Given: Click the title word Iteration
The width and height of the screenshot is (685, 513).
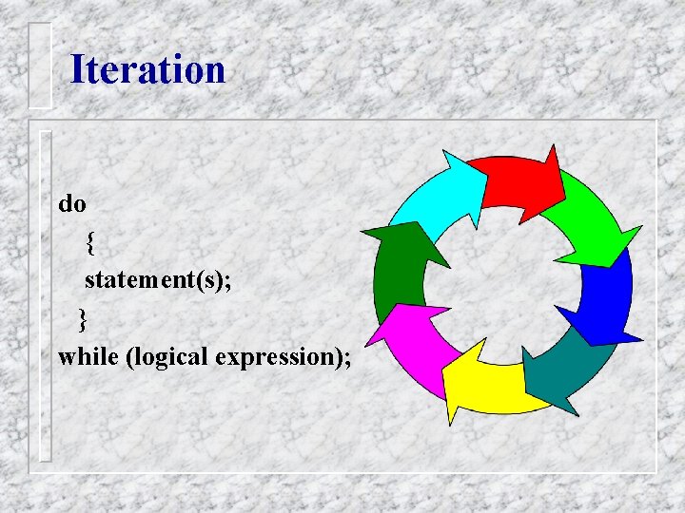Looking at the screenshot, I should [x=147, y=70].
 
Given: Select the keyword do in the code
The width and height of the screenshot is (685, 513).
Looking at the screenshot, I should [x=72, y=203].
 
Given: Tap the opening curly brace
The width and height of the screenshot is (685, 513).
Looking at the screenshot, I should [x=89, y=243].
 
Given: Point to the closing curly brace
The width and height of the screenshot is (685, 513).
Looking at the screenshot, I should [x=83, y=319].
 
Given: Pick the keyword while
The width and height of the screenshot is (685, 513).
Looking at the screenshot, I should [x=88, y=357].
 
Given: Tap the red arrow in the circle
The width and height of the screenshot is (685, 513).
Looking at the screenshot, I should [x=515, y=180].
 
